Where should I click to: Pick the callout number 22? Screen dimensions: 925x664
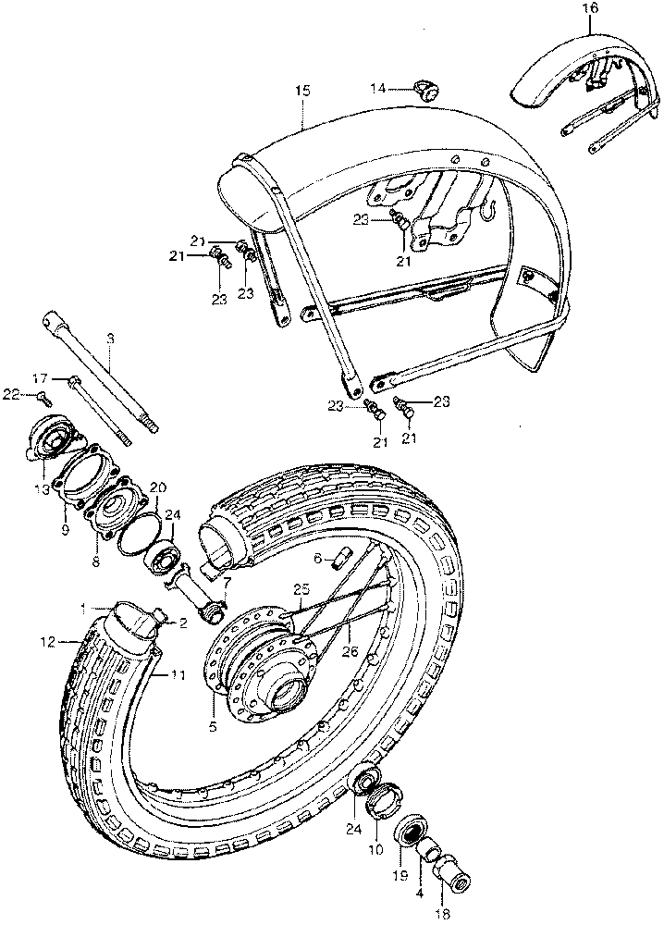tap(9, 395)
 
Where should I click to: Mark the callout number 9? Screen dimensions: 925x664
tap(66, 530)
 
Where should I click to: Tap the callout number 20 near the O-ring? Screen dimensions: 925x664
tap(158, 487)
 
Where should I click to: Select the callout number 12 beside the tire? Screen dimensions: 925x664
tap(48, 640)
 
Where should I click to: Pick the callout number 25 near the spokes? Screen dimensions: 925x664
tap(299, 588)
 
